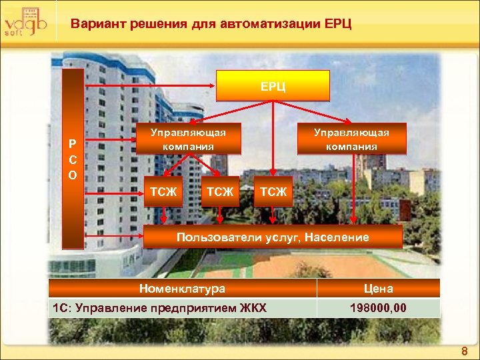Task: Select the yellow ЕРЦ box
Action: point(273,86)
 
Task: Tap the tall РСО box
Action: point(72,159)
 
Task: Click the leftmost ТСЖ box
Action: point(163,192)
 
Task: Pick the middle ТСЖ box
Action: point(220,192)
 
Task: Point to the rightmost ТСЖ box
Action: point(273,192)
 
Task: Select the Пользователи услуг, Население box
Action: point(273,237)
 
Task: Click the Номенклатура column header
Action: point(182,289)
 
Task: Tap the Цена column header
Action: point(378,289)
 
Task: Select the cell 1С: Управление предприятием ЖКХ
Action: point(159,308)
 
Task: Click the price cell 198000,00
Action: point(378,308)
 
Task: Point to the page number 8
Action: point(465,351)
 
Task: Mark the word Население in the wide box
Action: point(337,237)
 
